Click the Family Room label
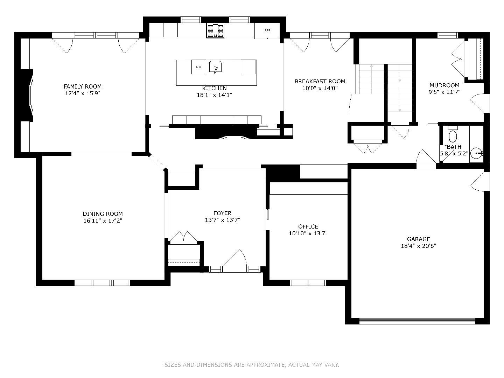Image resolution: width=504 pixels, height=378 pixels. [83, 86]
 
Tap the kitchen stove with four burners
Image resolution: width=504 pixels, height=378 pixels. [216, 30]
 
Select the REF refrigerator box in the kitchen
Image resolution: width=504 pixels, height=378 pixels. [267, 30]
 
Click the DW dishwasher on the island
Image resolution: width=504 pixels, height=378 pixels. [198, 67]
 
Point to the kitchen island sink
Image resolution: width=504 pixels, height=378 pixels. [216, 66]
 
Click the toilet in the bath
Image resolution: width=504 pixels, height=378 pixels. [453, 134]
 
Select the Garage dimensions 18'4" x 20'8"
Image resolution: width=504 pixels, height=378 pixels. [418, 246]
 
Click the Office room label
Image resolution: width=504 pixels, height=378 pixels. [308, 226]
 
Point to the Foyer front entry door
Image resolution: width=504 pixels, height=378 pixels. [234, 262]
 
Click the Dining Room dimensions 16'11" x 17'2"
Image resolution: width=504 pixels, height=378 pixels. [103, 220]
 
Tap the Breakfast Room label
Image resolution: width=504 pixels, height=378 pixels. [320, 81]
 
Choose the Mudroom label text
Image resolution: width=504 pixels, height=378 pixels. [444, 85]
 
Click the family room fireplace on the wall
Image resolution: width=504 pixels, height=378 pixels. [26, 95]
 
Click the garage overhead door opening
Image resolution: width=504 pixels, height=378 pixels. [417, 321]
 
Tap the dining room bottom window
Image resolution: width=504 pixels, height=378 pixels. [103, 282]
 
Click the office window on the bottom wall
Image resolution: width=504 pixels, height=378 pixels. [308, 282]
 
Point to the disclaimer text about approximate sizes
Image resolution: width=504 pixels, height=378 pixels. [252, 365]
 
